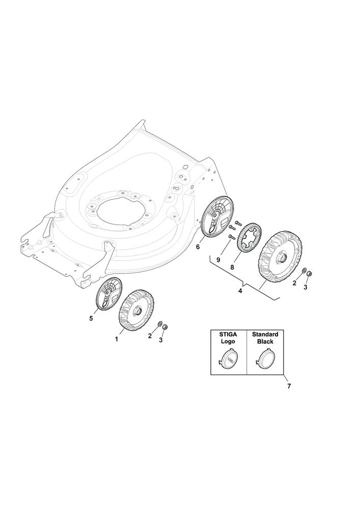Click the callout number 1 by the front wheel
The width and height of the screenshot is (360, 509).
click(117, 340)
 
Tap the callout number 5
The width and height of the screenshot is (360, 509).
click(91, 319)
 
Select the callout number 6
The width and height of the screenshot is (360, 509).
click(198, 247)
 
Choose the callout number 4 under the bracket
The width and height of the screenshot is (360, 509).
click(240, 291)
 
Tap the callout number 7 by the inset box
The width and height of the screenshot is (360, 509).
click(289, 386)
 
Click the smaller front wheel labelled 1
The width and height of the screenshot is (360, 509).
click(136, 309)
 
